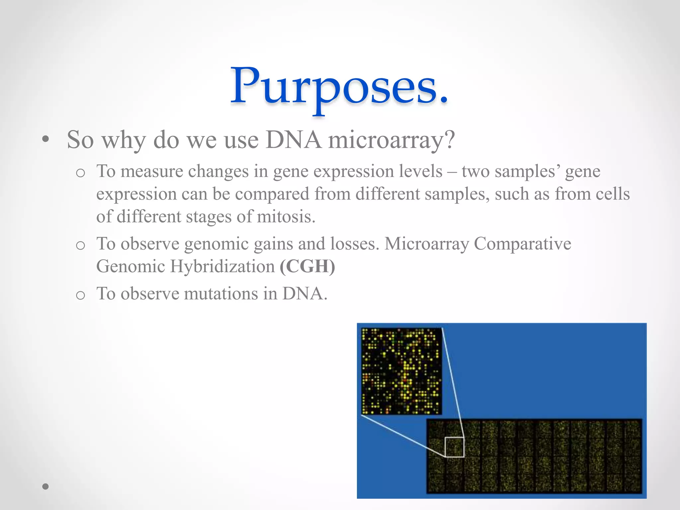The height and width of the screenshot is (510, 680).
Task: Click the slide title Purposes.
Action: tap(339, 87)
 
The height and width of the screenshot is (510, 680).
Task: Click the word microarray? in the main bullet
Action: tap(391, 140)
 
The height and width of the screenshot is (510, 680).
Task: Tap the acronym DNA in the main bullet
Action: tap(294, 139)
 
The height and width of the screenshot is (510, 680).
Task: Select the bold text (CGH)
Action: tap(307, 266)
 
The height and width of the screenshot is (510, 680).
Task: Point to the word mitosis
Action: tap(286, 217)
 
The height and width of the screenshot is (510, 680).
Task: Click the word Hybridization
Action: tap(222, 266)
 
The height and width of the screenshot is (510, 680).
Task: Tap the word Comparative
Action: tap(522, 244)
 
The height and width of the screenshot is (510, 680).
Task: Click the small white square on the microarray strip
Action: tap(454, 447)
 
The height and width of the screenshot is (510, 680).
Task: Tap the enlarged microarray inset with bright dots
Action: tap(401, 371)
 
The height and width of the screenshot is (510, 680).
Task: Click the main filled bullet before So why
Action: tap(46, 140)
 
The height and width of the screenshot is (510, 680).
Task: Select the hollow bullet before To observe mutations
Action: tap(80, 295)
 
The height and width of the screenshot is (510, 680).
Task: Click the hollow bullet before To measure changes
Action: tap(80, 173)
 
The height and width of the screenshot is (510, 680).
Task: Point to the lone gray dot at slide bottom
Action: tap(46, 486)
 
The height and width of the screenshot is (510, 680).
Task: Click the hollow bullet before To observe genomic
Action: tap(80, 245)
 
